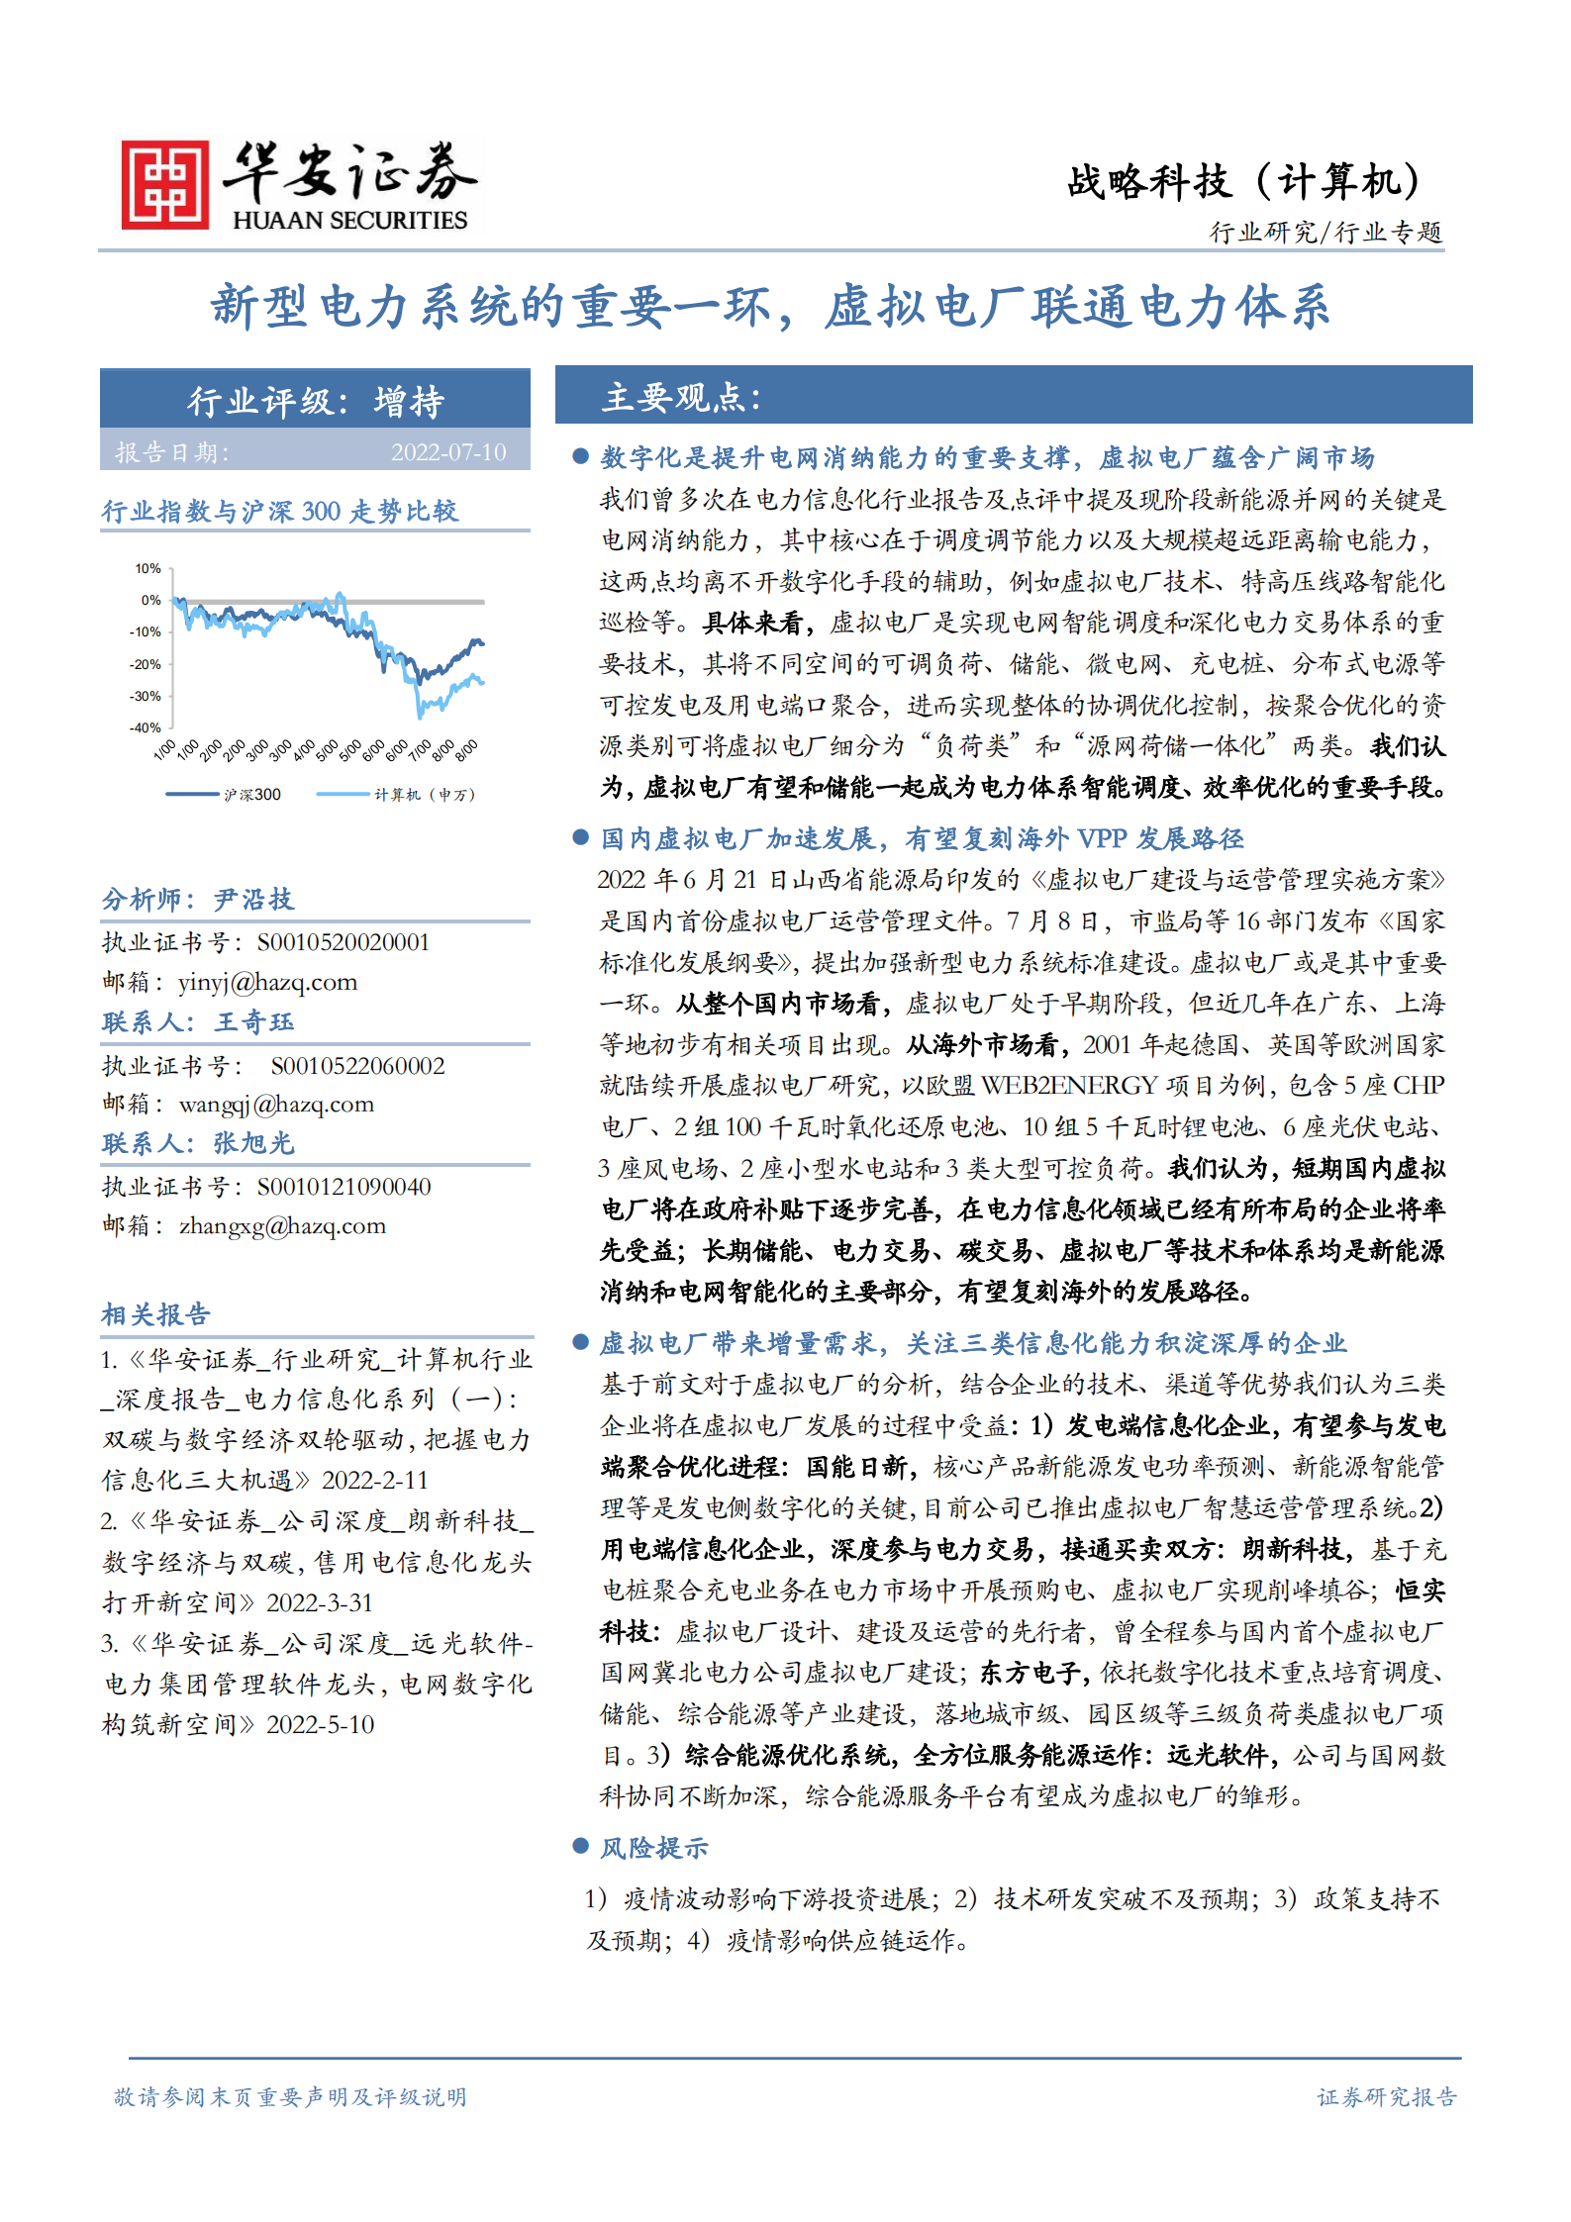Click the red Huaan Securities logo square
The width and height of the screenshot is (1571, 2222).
click(x=164, y=185)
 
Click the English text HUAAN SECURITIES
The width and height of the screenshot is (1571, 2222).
click(x=349, y=221)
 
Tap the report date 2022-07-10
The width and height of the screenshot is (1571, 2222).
click(x=447, y=452)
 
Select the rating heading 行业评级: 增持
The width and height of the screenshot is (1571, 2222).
click(x=316, y=401)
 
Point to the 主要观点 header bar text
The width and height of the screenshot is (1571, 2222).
click(x=681, y=397)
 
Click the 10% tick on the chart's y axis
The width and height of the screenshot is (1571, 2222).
click(x=148, y=568)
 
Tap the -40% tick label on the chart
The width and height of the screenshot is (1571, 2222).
click(x=146, y=727)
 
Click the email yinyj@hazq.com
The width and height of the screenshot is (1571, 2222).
click(x=267, y=982)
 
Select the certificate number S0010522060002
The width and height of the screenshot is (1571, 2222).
click(x=357, y=1066)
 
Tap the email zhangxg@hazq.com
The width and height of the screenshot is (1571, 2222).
click(x=282, y=1225)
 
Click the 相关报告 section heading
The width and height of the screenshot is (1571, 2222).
click(x=155, y=1313)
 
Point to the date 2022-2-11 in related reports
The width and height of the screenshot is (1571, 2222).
click(x=375, y=1480)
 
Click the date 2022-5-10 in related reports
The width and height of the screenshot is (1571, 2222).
click(x=320, y=1724)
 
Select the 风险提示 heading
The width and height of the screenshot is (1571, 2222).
click(x=654, y=1847)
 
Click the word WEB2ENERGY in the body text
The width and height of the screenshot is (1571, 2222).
click(x=1068, y=1086)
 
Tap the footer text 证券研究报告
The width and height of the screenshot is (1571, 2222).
click(x=1386, y=2096)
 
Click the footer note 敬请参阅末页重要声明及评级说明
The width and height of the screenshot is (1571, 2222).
click(x=290, y=2096)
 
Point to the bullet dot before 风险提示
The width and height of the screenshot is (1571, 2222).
click(x=581, y=1846)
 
